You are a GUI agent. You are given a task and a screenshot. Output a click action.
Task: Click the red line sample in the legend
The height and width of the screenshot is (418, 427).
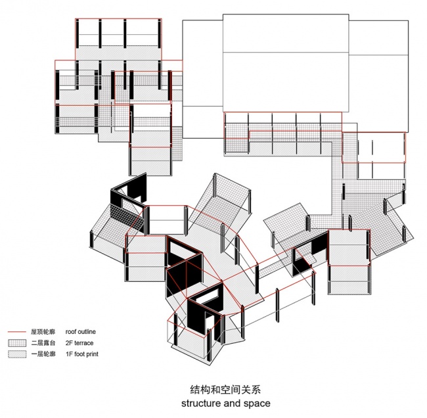17,332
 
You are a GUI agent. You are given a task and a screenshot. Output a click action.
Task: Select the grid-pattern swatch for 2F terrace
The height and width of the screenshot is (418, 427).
17,343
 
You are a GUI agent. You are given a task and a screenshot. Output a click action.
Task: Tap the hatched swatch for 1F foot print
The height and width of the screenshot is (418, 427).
17,354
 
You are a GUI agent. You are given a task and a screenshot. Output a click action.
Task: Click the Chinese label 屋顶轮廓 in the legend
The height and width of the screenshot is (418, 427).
43,332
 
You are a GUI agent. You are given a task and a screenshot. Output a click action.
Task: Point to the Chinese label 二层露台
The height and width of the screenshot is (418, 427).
43,343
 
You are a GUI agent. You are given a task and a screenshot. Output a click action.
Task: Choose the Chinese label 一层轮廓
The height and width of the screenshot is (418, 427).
43,354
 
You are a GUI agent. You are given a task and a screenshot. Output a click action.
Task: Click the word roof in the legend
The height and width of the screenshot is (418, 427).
70,332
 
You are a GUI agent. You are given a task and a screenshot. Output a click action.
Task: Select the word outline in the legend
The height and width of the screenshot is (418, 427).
87,332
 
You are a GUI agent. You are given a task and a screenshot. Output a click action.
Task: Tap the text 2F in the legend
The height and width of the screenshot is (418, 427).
69,343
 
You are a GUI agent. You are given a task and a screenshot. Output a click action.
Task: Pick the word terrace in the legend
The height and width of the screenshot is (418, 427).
84,343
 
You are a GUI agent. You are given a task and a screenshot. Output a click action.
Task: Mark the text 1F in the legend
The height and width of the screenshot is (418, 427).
69,354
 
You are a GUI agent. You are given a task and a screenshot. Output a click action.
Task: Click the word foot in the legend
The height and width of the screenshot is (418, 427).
79,354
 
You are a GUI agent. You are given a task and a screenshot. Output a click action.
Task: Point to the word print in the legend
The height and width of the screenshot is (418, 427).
92,354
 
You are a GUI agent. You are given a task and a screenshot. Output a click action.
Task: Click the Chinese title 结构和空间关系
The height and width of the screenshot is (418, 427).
225,389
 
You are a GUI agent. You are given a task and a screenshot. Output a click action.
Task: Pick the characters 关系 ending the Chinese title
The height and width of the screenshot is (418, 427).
251,389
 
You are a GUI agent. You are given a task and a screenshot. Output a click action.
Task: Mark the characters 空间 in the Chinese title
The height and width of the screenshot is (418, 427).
231,389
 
